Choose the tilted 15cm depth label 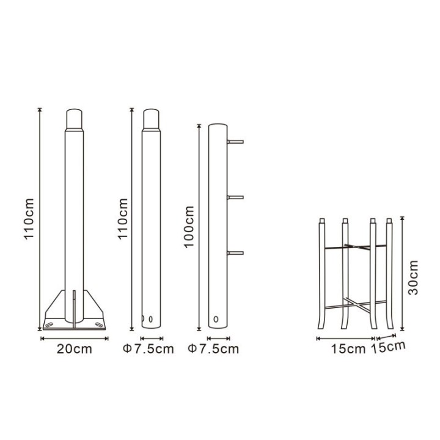tap(392, 347)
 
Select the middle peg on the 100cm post tap(235, 197)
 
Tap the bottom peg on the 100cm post tap(235, 252)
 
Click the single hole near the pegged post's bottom tap(216, 318)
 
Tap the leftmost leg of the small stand tap(321, 275)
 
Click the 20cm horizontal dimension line tap(74, 337)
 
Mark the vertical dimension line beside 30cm tap(402, 272)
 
